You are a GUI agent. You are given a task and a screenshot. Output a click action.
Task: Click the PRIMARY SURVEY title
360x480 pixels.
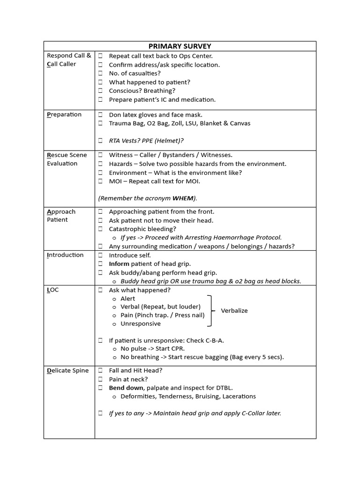pyautogui.click(x=180, y=46)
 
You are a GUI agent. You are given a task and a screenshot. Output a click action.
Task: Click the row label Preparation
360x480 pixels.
pyautogui.click(x=64, y=114)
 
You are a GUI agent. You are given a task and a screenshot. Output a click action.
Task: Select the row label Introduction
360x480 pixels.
pyautogui.click(x=65, y=255)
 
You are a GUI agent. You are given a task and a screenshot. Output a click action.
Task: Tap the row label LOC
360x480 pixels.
pyautogui.click(x=53, y=290)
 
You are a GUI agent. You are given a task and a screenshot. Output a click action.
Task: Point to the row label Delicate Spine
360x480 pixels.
pyautogui.click(x=67, y=370)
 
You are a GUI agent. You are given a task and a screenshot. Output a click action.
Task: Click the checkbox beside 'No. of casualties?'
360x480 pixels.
pyautogui.click(x=100, y=74)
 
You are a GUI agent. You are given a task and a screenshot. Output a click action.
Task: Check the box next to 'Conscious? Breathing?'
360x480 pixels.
pyautogui.click(x=100, y=91)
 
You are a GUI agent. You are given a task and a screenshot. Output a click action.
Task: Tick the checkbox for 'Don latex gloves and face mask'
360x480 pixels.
pyautogui.click(x=100, y=115)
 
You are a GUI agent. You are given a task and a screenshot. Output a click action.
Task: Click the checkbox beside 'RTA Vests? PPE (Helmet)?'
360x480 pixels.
pyautogui.click(x=100, y=141)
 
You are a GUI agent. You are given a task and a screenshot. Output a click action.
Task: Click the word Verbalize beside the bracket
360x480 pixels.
pyautogui.click(x=234, y=311)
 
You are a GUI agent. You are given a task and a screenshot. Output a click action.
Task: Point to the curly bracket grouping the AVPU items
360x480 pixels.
pyautogui.click(x=211, y=311)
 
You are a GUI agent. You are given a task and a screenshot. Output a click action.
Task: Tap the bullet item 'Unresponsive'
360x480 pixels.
pyautogui.click(x=140, y=323)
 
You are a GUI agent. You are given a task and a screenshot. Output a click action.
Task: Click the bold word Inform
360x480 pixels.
pyautogui.click(x=119, y=264)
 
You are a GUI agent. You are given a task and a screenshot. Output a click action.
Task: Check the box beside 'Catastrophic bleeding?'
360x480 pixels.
pyautogui.click(x=100, y=229)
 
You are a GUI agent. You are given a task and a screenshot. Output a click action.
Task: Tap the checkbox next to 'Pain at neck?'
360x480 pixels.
pyautogui.click(x=100, y=379)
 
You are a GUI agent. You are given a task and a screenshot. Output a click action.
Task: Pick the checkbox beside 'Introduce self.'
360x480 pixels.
pyautogui.click(x=100, y=255)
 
